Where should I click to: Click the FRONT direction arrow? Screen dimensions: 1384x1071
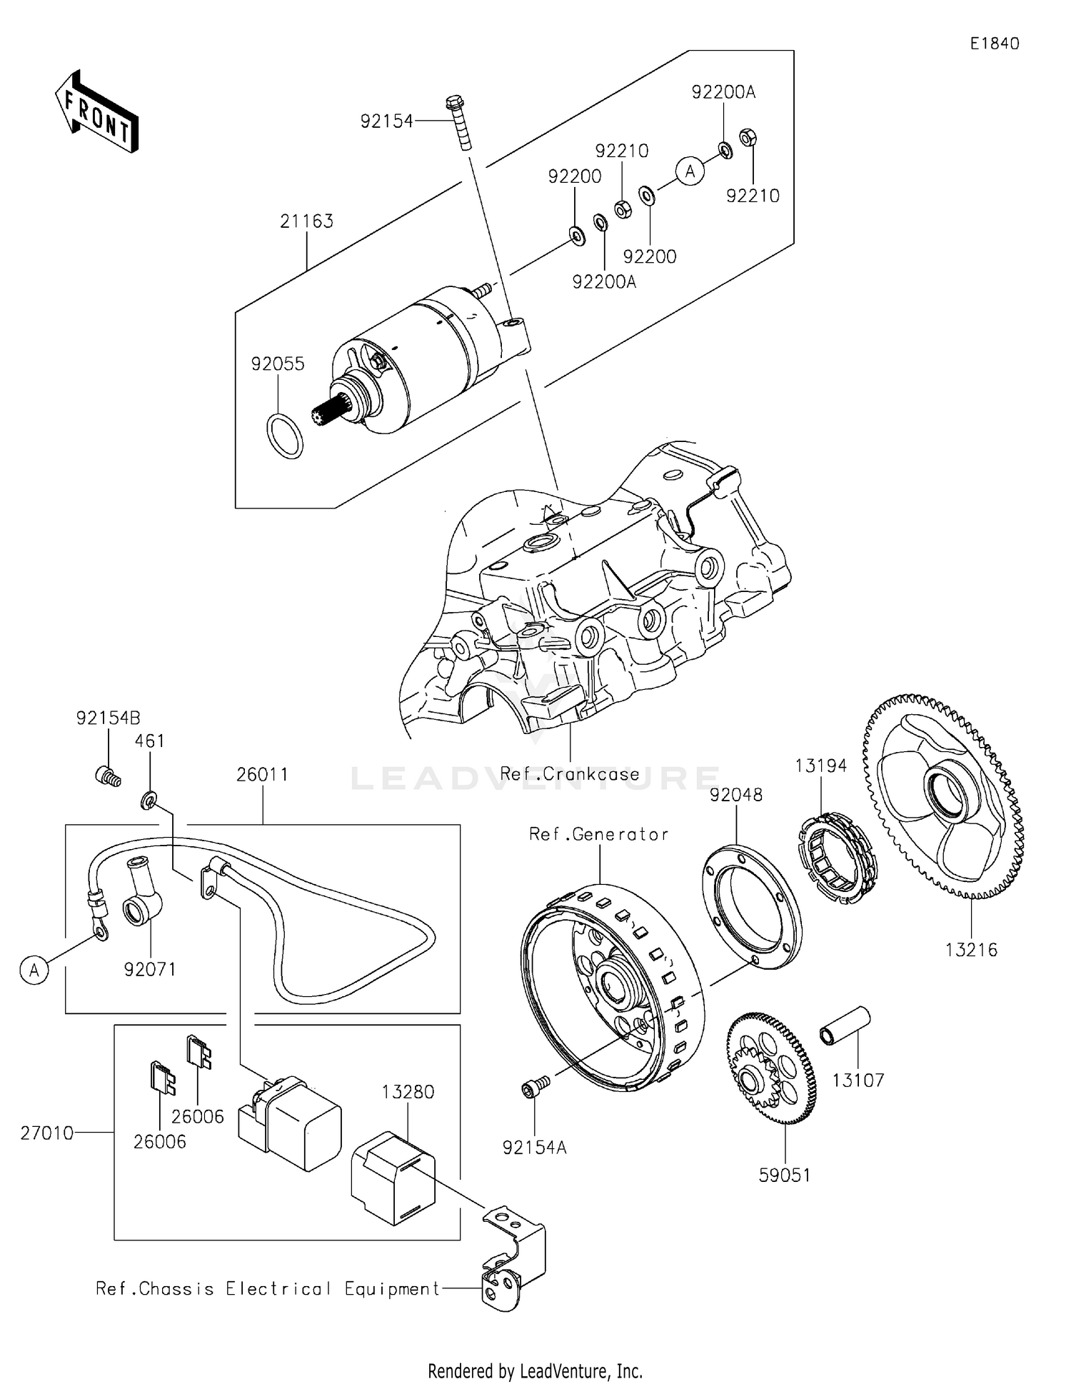tap(96, 112)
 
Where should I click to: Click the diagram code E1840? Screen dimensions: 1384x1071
tap(994, 44)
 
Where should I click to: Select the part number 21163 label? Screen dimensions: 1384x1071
tap(306, 221)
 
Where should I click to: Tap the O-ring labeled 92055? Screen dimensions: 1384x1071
tap(284, 436)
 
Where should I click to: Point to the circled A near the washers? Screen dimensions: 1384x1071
tap(690, 171)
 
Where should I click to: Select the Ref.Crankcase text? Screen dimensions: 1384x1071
tap(569, 774)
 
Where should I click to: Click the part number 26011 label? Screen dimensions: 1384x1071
tap(262, 775)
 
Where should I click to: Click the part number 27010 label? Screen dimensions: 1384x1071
tap(46, 1133)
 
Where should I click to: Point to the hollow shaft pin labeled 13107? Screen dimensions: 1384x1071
tap(845, 1026)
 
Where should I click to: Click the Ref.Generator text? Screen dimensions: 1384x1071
tap(598, 834)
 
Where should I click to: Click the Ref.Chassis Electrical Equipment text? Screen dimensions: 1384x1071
tap(268, 1289)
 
